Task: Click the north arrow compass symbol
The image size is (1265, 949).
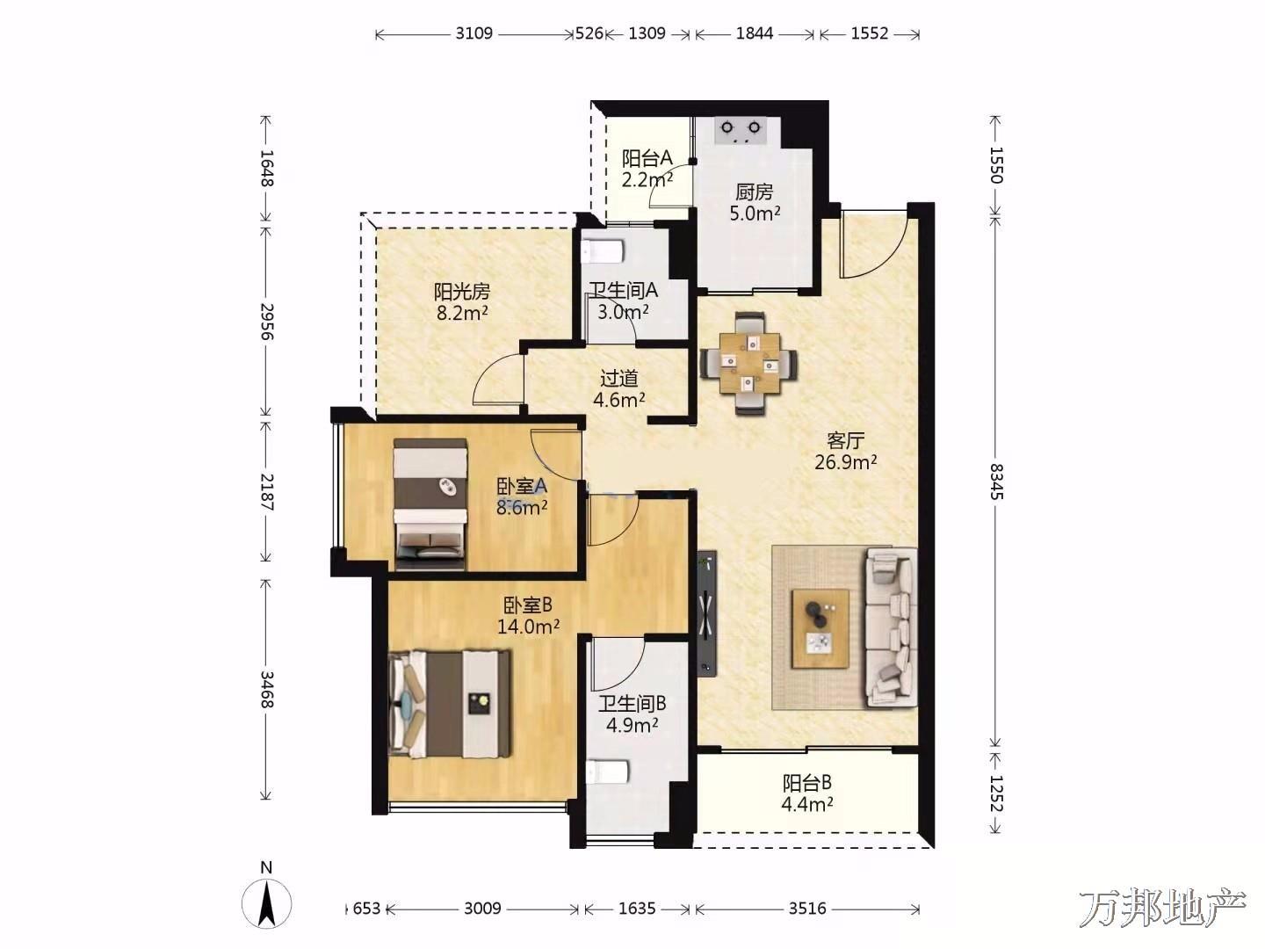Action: click(x=266, y=903)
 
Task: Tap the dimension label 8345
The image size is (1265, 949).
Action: click(x=996, y=482)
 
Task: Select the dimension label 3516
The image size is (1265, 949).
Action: click(x=807, y=909)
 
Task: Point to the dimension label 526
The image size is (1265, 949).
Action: click(x=589, y=33)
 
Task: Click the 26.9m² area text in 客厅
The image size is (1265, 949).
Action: click(x=845, y=462)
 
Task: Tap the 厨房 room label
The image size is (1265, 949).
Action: click(x=755, y=192)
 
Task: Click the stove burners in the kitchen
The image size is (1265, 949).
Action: click(x=740, y=131)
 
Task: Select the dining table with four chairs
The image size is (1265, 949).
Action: click(x=749, y=363)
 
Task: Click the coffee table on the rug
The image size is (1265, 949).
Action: click(x=820, y=628)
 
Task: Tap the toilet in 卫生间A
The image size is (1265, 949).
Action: click(x=603, y=251)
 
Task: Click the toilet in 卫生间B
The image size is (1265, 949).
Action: click(x=606, y=772)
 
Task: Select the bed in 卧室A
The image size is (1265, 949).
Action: click(x=430, y=504)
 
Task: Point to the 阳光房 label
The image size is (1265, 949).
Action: click(x=461, y=292)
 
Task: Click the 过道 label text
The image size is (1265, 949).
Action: click(x=619, y=379)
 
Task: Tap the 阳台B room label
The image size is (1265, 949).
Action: click(x=806, y=783)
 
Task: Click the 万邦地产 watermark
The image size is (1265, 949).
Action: click(x=1162, y=908)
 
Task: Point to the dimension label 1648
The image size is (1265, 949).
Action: click(x=267, y=168)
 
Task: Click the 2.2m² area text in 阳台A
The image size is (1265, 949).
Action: click(x=647, y=179)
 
